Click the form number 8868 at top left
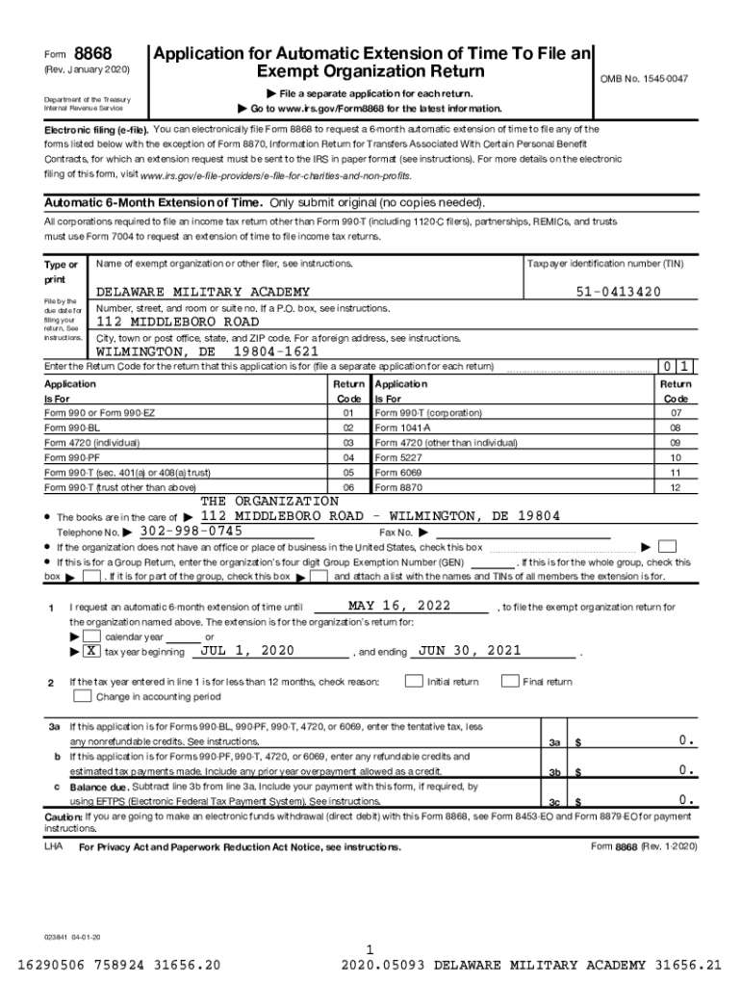tap(93, 54)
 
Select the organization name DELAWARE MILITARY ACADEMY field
tap(201, 292)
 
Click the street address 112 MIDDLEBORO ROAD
tap(177, 322)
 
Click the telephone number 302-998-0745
tap(191, 532)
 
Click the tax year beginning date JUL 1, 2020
tap(246, 651)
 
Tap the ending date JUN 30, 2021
tap(470, 651)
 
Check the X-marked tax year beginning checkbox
tap(89, 651)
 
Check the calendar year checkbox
tap(89, 636)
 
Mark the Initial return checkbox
tap(413, 682)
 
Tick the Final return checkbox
tap(509, 682)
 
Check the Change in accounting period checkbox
tap(83, 696)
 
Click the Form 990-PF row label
tap(72, 457)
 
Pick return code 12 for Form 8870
tap(675, 488)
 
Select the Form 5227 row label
tap(396, 457)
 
